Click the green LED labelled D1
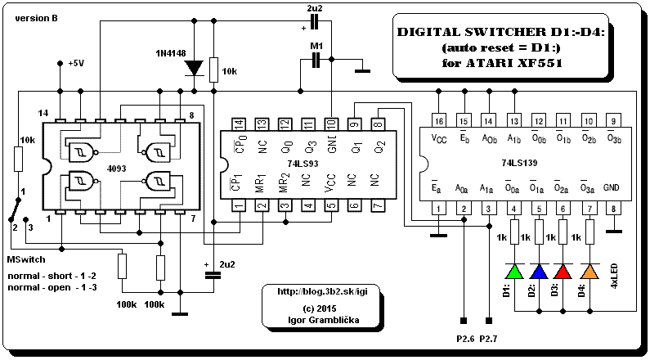click(514, 271)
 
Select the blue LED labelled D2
click(539, 271)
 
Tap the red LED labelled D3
click(563, 271)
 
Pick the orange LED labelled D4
click(589, 271)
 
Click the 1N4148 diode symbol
click(194, 68)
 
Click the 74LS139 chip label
click(519, 163)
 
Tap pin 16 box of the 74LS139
click(439, 121)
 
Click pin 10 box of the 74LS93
click(331, 124)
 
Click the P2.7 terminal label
click(488, 339)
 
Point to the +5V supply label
click(77, 64)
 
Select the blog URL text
click(322, 291)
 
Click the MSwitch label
click(26, 259)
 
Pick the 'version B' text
click(37, 19)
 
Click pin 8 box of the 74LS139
click(614, 208)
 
